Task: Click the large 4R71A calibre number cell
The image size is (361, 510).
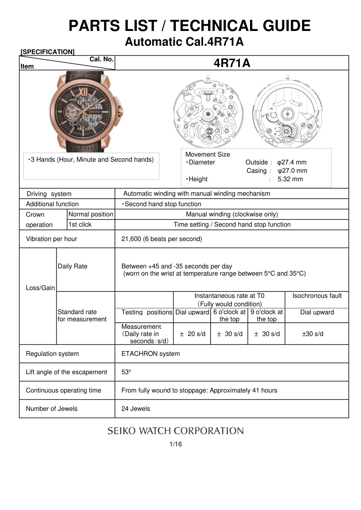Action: tap(232, 63)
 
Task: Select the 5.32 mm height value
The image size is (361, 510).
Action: tap(290, 179)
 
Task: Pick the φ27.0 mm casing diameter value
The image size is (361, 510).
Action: tap(292, 171)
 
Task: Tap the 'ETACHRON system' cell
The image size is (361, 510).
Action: tap(150, 354)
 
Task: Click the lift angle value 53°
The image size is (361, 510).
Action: tap(126, 372)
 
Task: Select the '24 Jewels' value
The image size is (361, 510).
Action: tap(136, 409)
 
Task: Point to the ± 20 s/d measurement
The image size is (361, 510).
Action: tap(193, 334)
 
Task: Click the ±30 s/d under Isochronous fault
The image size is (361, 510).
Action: tap(313, 334)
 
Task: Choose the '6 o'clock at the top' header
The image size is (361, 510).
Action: tap(229, 316)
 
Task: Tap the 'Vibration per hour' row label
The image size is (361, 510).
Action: tap(51, 239)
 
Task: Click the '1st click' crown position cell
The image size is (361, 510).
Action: tap(80, 224)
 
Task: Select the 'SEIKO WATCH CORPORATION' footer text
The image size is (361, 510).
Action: tap(176, 431)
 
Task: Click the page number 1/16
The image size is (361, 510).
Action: tap(176, 444)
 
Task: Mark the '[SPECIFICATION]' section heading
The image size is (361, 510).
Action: tap(48, 52)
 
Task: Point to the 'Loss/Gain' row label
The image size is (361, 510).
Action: tap(40, 288)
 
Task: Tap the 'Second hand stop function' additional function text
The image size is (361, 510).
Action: tap(163, 204)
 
